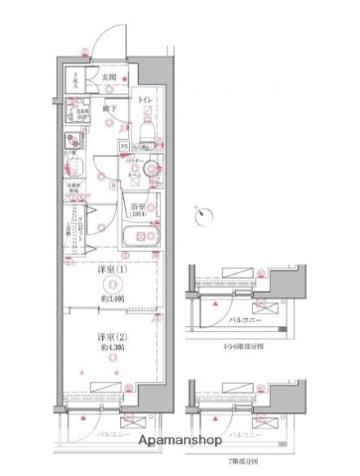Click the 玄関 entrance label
[x=108, y=77]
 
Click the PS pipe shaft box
[x=124, y=146]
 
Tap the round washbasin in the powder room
[x=150, y=171]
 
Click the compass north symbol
[x=204, y=210]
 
